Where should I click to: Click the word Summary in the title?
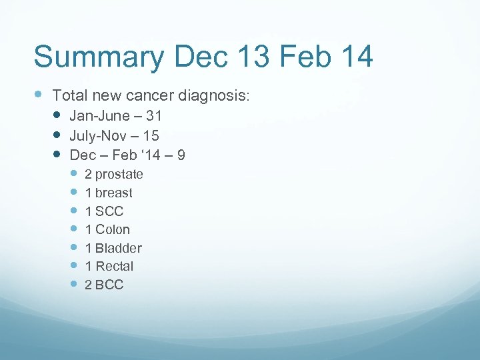(98, 57)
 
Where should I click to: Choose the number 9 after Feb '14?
(181, 155)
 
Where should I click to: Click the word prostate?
(119, 175)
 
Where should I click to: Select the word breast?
(114, 193)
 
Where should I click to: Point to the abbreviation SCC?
(109, 211)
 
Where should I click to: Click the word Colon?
(113, 230)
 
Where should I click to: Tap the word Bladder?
(119, 248)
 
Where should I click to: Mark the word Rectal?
(115, 267)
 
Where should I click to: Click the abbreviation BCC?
(109, 285)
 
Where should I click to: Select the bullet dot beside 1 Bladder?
(73, 247)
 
